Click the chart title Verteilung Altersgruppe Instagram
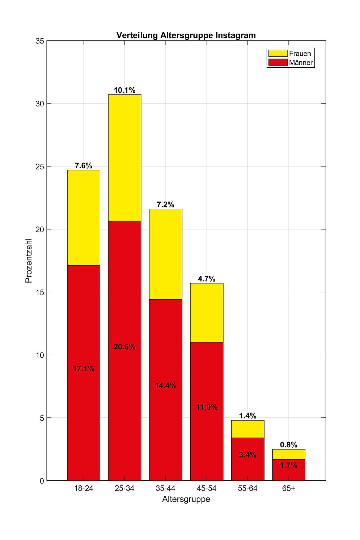tap(186, 35)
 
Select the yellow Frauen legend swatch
tap(278, 54)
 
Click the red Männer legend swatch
tap(278, 62)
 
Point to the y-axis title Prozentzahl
tap(29, 260)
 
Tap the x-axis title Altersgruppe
tap(186, 499)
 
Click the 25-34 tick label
tap(124, 488)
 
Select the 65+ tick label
tap(288, 488)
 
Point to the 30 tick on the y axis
tap(40, 104)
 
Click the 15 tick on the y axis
tap(40, 292)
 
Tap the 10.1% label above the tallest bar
tap(124, 90)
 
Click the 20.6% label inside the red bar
tap(124, 347)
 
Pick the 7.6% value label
tap(84, 166)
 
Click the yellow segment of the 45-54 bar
tap(207, 312)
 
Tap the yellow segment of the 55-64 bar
tap(247, 429)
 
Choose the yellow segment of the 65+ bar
tap(288, 454)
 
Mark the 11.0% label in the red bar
tap(207, 407)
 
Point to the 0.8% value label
tap(288, 445)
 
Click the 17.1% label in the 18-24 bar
tap(84, 369)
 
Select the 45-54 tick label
tap(207, 488)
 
